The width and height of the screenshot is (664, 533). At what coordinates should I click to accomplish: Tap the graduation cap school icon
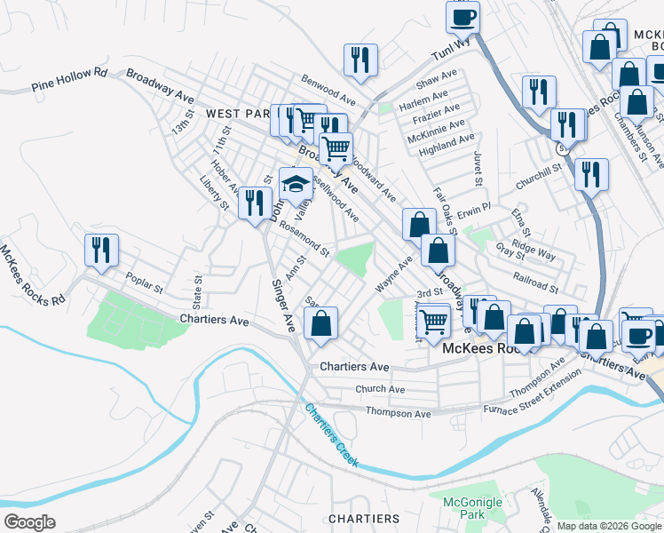[296, 185]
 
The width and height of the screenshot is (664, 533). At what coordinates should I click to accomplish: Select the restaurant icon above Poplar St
[101, 250]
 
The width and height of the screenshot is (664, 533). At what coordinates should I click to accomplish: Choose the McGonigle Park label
[471, 508]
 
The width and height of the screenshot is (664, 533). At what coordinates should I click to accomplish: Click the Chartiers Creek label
[332, 435]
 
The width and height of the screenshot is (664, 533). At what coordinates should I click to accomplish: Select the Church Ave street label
[380, 389]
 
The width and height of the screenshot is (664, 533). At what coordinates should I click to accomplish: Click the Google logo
[29, 522]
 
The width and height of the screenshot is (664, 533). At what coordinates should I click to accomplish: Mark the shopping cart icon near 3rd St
[434, 320]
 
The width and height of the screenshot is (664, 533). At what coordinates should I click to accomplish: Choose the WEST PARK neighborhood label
[237, 115]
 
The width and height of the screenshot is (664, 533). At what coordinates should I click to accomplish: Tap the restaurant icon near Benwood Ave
[360, 60]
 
